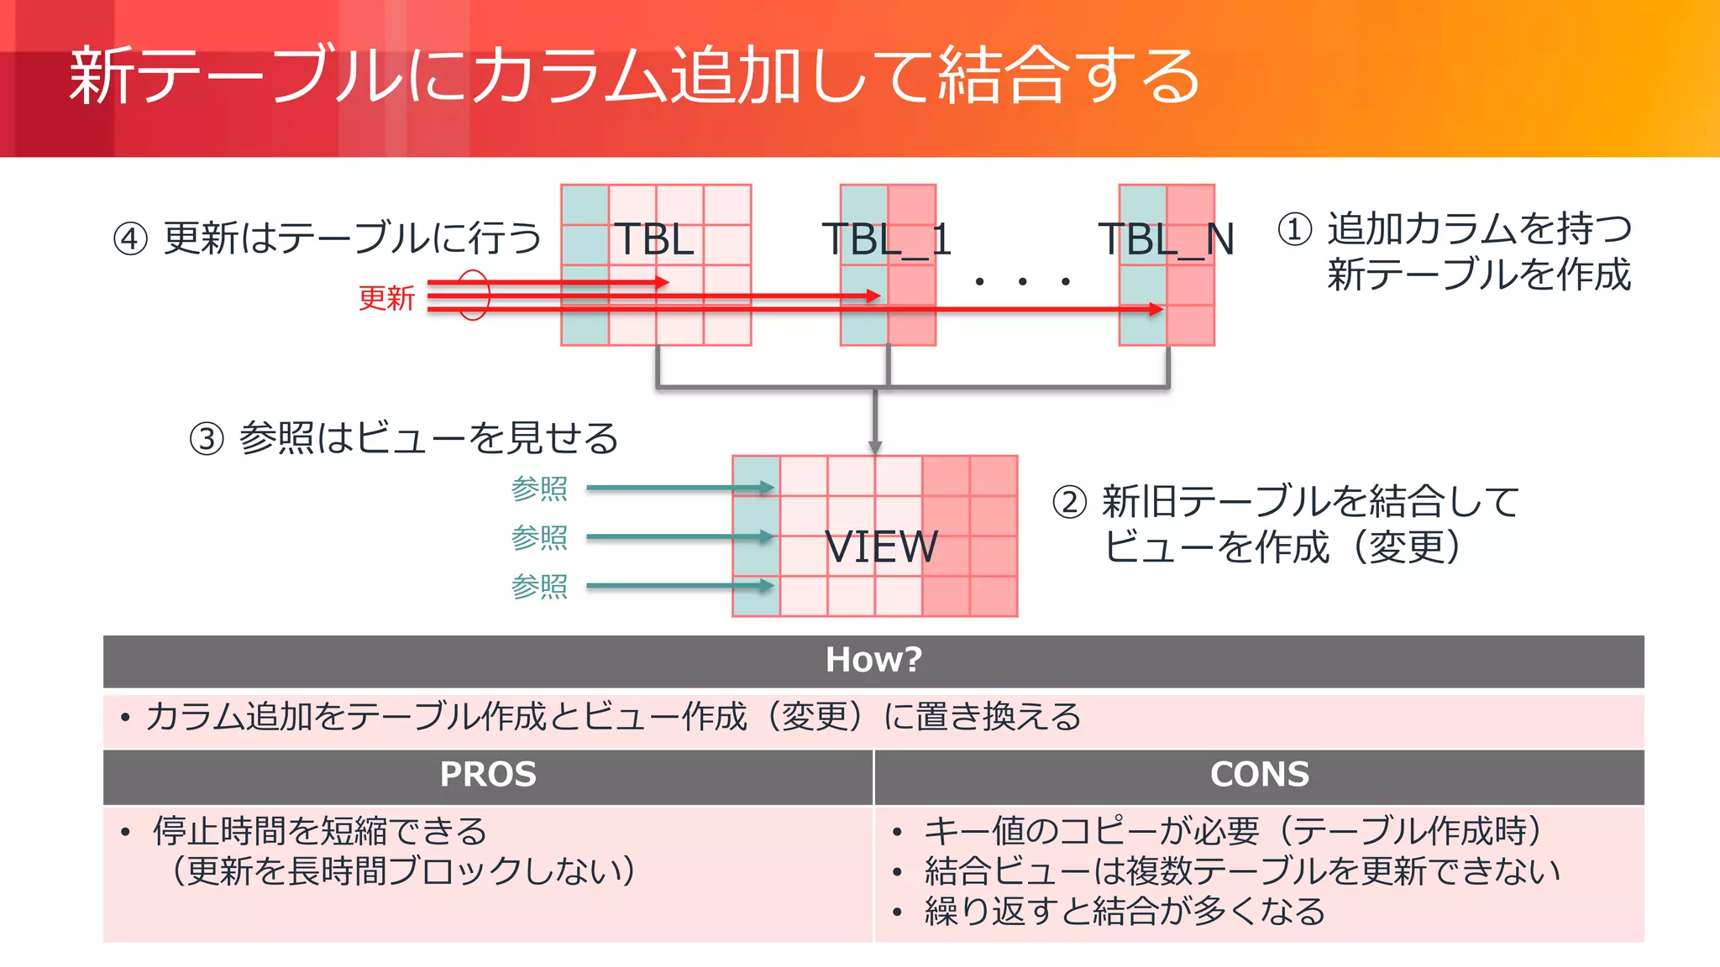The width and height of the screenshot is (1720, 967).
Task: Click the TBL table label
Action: (x=654, y=239)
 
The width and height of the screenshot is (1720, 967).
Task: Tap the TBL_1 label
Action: (x=887, y=239)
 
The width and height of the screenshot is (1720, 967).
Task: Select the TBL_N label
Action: (x=1167, y=239)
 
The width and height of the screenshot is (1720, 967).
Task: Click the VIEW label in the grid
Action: (x=881, y=547)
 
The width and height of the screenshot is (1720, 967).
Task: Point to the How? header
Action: (x=873, y=660)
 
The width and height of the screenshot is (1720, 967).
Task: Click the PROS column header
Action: (x=488, y=774)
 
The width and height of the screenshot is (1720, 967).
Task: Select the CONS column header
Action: (x=1259, y=774)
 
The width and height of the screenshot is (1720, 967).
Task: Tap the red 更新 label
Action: (x=386, y=298)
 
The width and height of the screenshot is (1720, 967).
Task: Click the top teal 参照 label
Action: (x=539, y=489)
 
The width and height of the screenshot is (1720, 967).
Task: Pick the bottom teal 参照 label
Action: (x=539, y=586)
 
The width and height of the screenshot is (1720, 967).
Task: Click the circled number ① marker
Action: (x=1295, y=229)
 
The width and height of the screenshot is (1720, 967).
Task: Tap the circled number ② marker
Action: (x=1070, y=503)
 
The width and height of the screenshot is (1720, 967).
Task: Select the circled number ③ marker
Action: (x=207, y=439)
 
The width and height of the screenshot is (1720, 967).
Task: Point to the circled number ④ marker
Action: (x=130, y=239)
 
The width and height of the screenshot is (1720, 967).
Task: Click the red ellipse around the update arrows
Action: (x=473, y=295)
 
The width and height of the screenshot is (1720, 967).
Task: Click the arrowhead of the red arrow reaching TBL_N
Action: (x=1156, y=310)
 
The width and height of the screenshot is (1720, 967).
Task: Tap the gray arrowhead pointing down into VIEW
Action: (x=875, y=447)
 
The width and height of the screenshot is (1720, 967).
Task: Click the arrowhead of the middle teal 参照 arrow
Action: (x=766, y=536)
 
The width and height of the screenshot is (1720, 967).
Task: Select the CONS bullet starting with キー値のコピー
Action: (x=1233, y=831)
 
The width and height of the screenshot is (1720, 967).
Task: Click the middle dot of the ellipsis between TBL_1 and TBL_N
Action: (x=1022, y=282)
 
